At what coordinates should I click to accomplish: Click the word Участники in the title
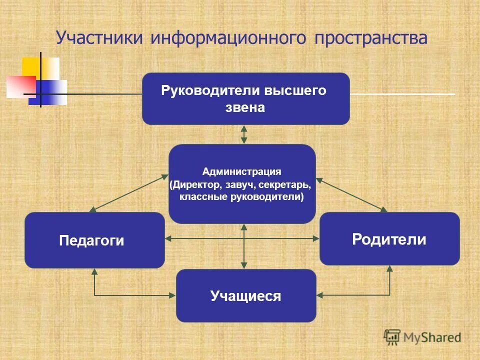tap(99, 38)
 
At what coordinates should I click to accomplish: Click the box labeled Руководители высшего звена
tap(245, 98)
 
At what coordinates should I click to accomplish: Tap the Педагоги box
tap(94, 240)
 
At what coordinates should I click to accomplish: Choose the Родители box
tap(389, 239)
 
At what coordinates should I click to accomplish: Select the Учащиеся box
tap(246, 296)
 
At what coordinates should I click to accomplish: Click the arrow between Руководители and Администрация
tap(244, 134)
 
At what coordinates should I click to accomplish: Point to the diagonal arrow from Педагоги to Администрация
tap(129, 192)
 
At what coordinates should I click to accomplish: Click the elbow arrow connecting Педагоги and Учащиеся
tap(110, 295)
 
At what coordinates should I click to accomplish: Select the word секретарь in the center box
tap(285, 185)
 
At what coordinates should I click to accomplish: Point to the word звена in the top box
tap(245, 107)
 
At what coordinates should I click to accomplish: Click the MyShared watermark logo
tap(422, 337)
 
